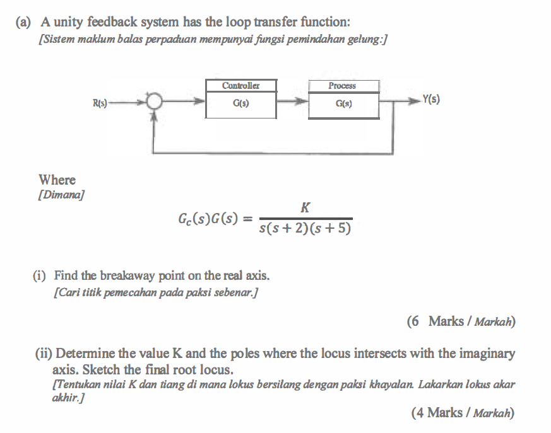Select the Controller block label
[240, 86]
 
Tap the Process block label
[343, 86]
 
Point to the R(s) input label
[101, 101]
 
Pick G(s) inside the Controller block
[240, 103]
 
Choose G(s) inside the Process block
[343, 103]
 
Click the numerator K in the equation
[305, 207]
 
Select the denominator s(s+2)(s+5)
[305, 228]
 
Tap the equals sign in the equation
[247, 219]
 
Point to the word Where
[57, 180]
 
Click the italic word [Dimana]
[62, 194]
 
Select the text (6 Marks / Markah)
[461, 321]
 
